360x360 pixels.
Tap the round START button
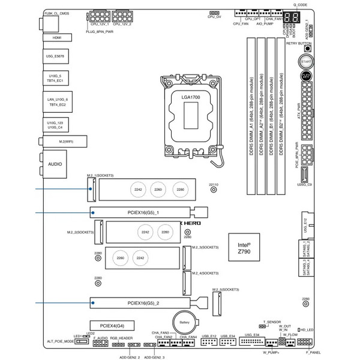coord(305,62)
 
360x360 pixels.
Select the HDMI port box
coord(57,37)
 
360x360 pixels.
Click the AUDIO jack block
coord(55,163)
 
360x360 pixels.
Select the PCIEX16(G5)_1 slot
coord(148,211)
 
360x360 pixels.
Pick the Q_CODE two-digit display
coord(292,17)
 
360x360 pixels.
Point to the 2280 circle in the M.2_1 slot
coord(180,190)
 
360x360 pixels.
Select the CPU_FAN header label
coord(241,23)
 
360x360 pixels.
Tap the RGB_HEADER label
coord(121,338)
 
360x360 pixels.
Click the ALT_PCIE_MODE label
coord(60,341)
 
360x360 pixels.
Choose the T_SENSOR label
coord(271,322)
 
